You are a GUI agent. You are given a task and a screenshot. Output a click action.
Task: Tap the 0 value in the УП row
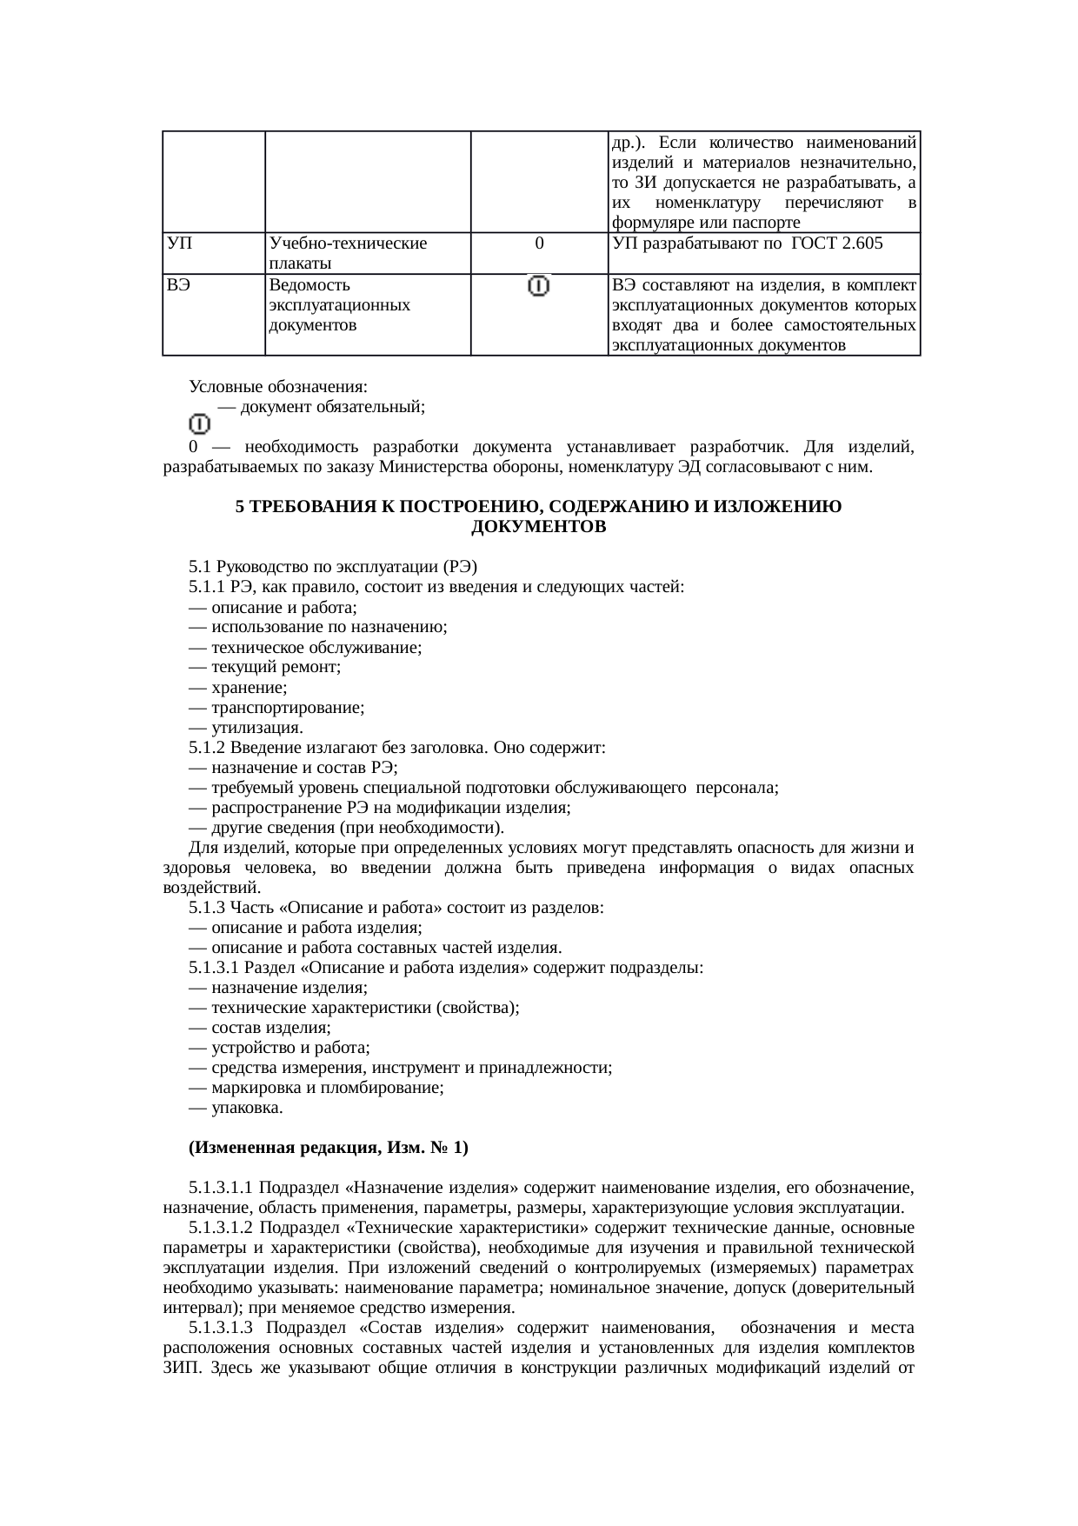540,243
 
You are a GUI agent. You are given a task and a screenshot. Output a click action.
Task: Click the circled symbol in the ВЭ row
540,286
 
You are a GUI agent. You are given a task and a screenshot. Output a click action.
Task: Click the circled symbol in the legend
199,423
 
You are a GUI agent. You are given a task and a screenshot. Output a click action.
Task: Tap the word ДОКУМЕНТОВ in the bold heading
538,527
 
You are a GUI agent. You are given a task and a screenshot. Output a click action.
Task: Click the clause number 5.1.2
207,748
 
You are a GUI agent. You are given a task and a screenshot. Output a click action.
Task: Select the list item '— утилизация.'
246,728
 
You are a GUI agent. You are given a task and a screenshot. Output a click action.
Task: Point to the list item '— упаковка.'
236,1108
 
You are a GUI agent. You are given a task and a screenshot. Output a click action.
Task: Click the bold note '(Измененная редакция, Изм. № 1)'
329,1148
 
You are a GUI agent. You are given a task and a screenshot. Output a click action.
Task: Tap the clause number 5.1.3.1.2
221,1228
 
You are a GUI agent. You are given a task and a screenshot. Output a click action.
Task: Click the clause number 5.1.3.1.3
221,1328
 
